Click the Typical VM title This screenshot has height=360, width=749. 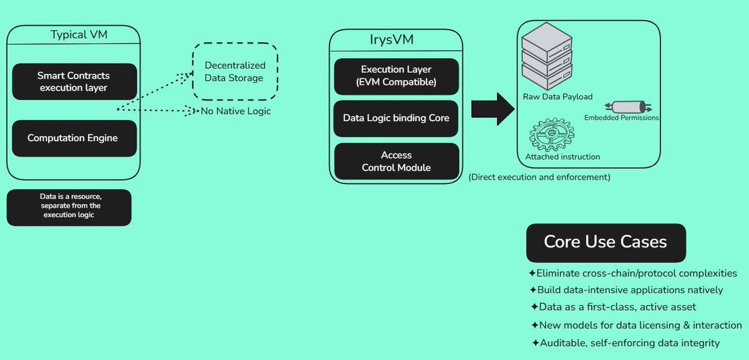click(x=79, y=34)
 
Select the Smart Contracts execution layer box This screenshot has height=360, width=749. click(x=74, y=82)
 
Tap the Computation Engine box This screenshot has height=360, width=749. click(x=74, y=138)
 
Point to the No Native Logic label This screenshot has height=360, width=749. click(x=235, y=111)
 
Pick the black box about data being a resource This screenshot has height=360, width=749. click(x=69, y=208)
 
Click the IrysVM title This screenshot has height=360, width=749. click(x=391, y=39)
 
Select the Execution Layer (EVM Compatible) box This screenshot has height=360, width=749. click(x=396, y=77)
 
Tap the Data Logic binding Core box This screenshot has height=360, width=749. click(x=396, y=119)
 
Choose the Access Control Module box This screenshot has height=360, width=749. click(x=396, y=161)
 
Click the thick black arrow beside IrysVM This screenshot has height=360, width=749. click(x=492, y=109)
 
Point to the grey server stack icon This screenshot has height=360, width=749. click(x=547, y=56)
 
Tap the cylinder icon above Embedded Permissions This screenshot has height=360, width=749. click(x=629, y=107)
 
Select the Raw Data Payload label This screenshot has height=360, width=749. click(x=557, y=97)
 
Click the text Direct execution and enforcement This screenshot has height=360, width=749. click(x=539, y=177)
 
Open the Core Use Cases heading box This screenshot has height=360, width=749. click(x=606, y=243)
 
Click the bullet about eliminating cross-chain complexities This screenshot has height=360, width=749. click(x=633, y=273)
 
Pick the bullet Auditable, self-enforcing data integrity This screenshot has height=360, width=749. click(x=625, y=343)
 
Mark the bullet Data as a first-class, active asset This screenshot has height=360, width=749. click(x=613, y=307)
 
